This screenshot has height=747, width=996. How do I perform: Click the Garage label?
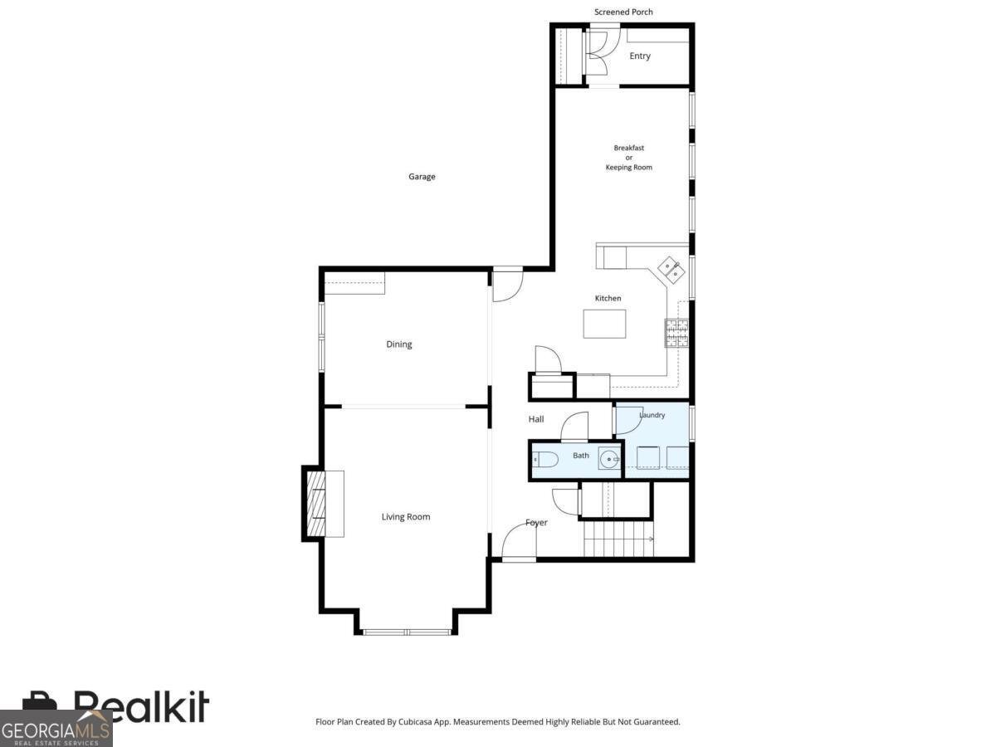pos(422,177)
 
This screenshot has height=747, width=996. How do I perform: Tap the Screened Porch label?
pos(623,12)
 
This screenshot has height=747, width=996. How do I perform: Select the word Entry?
pos(640,56)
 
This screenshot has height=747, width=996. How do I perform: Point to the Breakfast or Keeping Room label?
pos(629,158)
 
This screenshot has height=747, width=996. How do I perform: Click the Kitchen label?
pos(608,298)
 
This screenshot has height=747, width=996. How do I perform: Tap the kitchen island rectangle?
pos(604,324)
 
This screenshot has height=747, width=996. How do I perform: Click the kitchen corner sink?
pos(672,270)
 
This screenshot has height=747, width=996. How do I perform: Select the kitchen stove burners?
pos(677,334)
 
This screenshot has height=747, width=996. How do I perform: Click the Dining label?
pos(399,344)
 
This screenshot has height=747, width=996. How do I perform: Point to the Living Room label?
pos(406,516)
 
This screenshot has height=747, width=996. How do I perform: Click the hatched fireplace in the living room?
pos(316,504)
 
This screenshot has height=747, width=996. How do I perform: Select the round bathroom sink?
pos(608,459)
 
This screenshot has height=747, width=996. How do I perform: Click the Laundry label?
pos(652,415)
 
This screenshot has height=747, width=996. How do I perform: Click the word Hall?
pos(536,419)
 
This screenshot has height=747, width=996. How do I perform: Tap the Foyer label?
pos(536,523)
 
